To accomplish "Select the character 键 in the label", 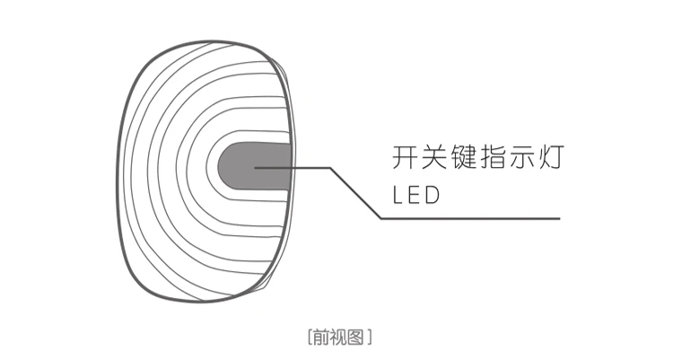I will [x=468, y=159].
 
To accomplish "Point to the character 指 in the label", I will [x=499, y=159].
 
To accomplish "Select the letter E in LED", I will [x=415, y=196].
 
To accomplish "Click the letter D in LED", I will [x=433, y=196].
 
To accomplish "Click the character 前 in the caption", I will [x=320, y=338].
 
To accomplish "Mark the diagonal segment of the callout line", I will [x=355, y=193].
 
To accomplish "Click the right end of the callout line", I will [x=560, y=218].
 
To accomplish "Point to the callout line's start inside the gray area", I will [x=256, y=168].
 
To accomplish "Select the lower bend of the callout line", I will [x=380, y=218].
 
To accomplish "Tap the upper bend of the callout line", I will [x=330, y=168].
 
